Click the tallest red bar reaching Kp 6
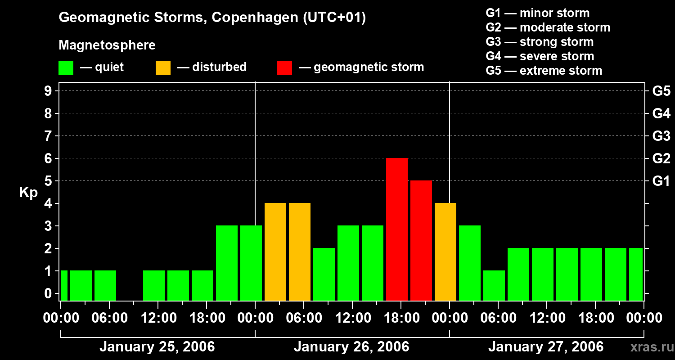(396, 229)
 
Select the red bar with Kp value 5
(421, 241)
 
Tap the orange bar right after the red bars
(445, 252)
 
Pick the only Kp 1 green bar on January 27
(494, 286)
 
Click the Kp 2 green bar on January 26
(324, 274)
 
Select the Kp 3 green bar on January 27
(469, 263)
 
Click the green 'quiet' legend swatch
(66, 68)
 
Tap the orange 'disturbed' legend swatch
(163, 68)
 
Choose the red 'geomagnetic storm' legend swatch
(284, 68)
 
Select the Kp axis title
(28, 193)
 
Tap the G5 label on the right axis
(661, 91)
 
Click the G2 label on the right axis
(661, 158)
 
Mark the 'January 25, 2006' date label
(157, 347)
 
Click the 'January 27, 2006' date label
(546, 347)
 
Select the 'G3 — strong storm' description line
(540, 42)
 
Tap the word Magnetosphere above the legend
(107, 45)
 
